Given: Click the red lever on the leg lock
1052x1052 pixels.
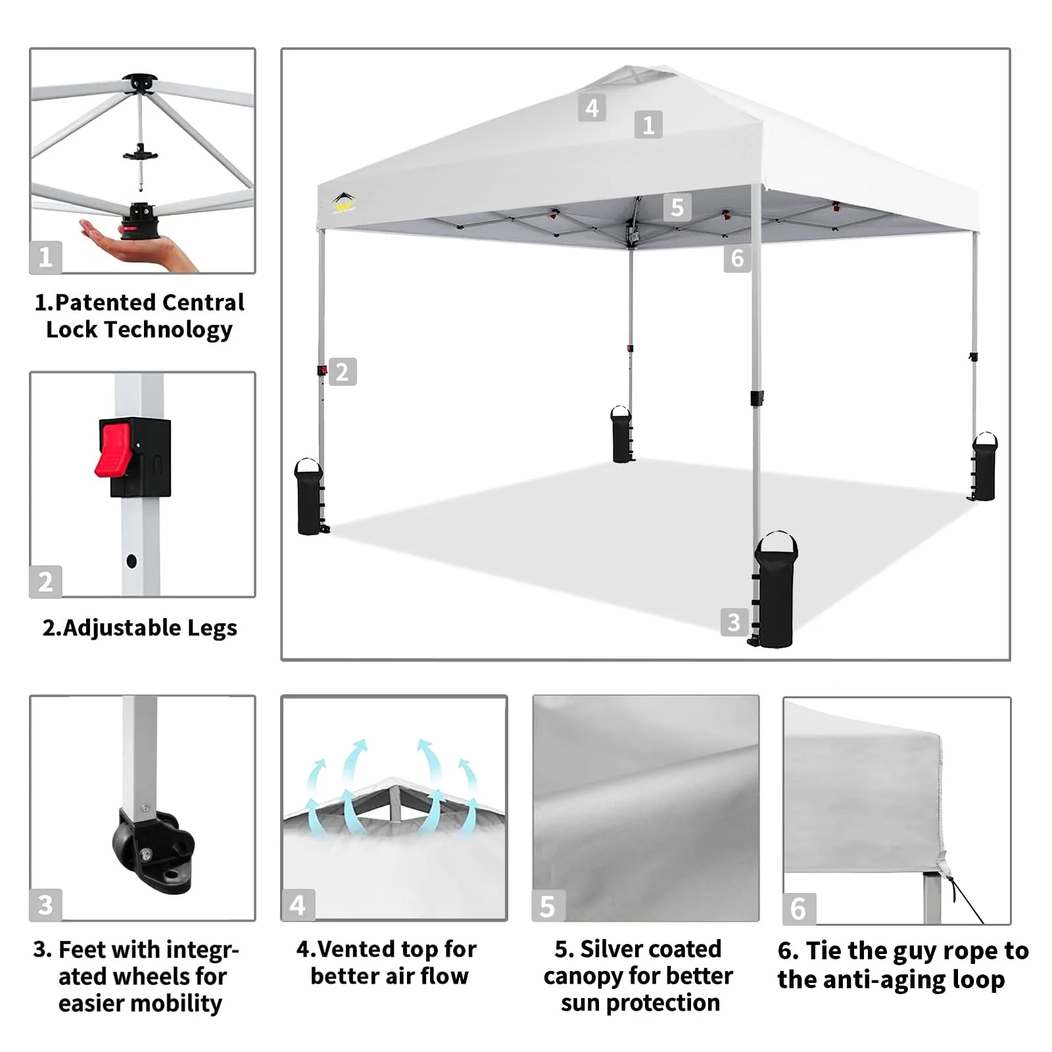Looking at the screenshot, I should [x=112, y=450].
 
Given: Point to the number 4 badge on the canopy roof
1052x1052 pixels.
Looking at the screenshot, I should [x=592, y=108].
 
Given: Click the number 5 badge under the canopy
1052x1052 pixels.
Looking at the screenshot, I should [x=677, y=208].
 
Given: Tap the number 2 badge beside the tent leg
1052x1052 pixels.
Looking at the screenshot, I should [x=343, y=372].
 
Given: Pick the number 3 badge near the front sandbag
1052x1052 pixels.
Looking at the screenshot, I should [x=734, y=622].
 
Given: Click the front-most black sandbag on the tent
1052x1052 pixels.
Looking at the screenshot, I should [x=775, y=591].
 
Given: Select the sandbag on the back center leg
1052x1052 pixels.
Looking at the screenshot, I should [x=621, y=435].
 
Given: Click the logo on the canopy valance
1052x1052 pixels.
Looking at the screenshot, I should [x=344, y=203].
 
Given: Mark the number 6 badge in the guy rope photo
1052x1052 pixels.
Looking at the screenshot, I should [x=798, y=909].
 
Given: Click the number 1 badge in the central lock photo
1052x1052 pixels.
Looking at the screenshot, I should [x=45, y=257].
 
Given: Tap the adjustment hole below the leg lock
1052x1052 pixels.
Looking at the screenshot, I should [x=131, y=562].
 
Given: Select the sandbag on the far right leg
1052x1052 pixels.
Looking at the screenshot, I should [x=984, y=467].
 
